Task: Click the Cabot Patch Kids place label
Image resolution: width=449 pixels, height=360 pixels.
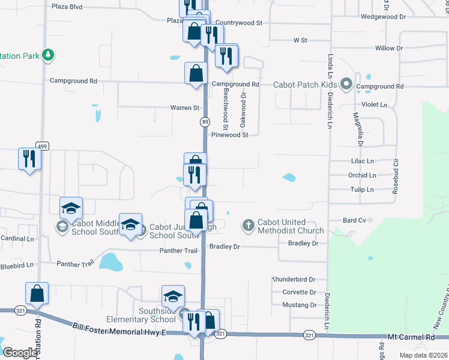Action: pos(304,85)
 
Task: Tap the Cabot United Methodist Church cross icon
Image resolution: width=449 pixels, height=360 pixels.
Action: pos(249,226)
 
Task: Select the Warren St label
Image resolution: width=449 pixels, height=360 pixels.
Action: pos(184,108)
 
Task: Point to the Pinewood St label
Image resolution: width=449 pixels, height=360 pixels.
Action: pos(229,135)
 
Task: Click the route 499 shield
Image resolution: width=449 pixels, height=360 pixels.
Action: pos(41,146)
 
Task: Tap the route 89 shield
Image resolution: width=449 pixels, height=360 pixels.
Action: pos(205,122)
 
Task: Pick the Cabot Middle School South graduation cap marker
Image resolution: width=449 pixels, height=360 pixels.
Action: pos(71,209)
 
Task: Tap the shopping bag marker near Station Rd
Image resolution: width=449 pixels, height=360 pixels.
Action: pos(37,294)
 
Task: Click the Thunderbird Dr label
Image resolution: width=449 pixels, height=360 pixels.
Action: pos(294,280)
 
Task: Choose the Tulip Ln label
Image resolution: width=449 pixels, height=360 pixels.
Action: pos(362,190)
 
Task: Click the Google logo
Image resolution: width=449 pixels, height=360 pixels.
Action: pos(20,353)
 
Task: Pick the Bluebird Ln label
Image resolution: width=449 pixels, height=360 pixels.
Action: pos(17,265)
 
